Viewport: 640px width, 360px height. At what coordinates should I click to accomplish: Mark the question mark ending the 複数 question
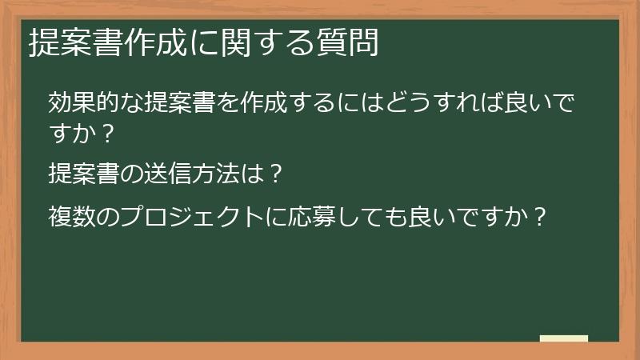[541, 216]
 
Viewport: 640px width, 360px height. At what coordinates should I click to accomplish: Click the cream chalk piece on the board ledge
[564, 338]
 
